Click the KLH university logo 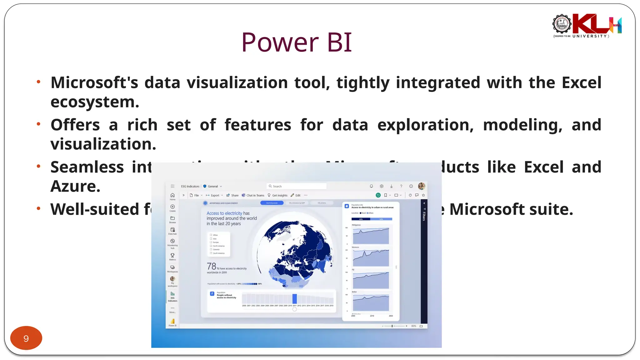click(587, 26)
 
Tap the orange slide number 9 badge click(26, 338)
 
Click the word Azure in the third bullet click(75, 186)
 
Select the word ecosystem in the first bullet click(95, 102)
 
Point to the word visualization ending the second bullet click(103, 144)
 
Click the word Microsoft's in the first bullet click(94, 83)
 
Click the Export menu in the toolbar click(215, 195)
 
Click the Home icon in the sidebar click(172, 196)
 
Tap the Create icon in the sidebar click(172, 207)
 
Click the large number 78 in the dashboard click(212, 266)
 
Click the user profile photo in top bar click(422, 186)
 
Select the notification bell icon click(371, 186)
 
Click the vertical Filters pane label click(424, 216)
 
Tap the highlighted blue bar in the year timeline click(294, 299)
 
